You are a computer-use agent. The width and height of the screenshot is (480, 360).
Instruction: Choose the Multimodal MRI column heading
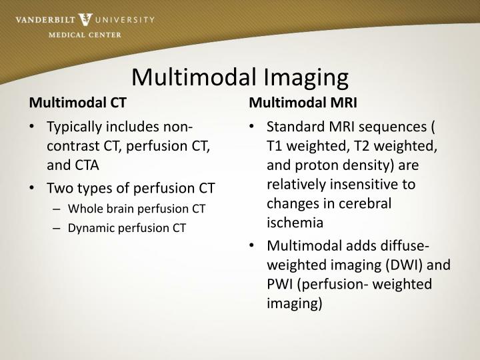pyautogui.click(x=303, y=103)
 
